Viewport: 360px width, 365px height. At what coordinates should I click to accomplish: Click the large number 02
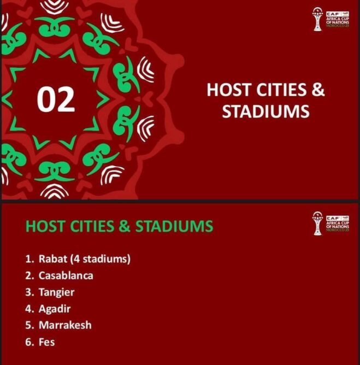(56, 99)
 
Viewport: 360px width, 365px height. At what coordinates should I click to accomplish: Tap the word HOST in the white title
(229, 90)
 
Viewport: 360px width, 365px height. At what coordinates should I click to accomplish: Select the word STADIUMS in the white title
(265, 111)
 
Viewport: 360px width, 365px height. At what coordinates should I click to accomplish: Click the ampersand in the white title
(318, 90)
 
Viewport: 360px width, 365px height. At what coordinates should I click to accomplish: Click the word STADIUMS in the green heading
(174, 226)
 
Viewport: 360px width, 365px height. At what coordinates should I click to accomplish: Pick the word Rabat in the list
(53, 259)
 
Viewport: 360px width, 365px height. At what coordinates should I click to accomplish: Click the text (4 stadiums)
(101, 259)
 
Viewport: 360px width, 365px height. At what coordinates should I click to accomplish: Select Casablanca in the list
(66, 275)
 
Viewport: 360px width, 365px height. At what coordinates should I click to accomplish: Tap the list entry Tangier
(57, 292)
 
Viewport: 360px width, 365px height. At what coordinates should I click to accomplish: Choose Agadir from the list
(55, 309)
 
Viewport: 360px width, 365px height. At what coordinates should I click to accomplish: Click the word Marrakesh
(65, 325)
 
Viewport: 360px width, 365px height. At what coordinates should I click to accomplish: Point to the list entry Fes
(47, 342)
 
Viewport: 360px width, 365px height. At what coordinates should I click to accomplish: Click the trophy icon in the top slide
(317, 19)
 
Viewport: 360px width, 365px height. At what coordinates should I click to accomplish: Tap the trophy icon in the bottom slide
(317, 223)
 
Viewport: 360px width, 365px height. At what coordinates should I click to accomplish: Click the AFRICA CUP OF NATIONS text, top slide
(338, 20)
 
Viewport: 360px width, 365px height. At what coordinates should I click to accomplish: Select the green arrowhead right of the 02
(103, 99)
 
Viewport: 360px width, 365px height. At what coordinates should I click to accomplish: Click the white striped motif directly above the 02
(54, 7)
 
